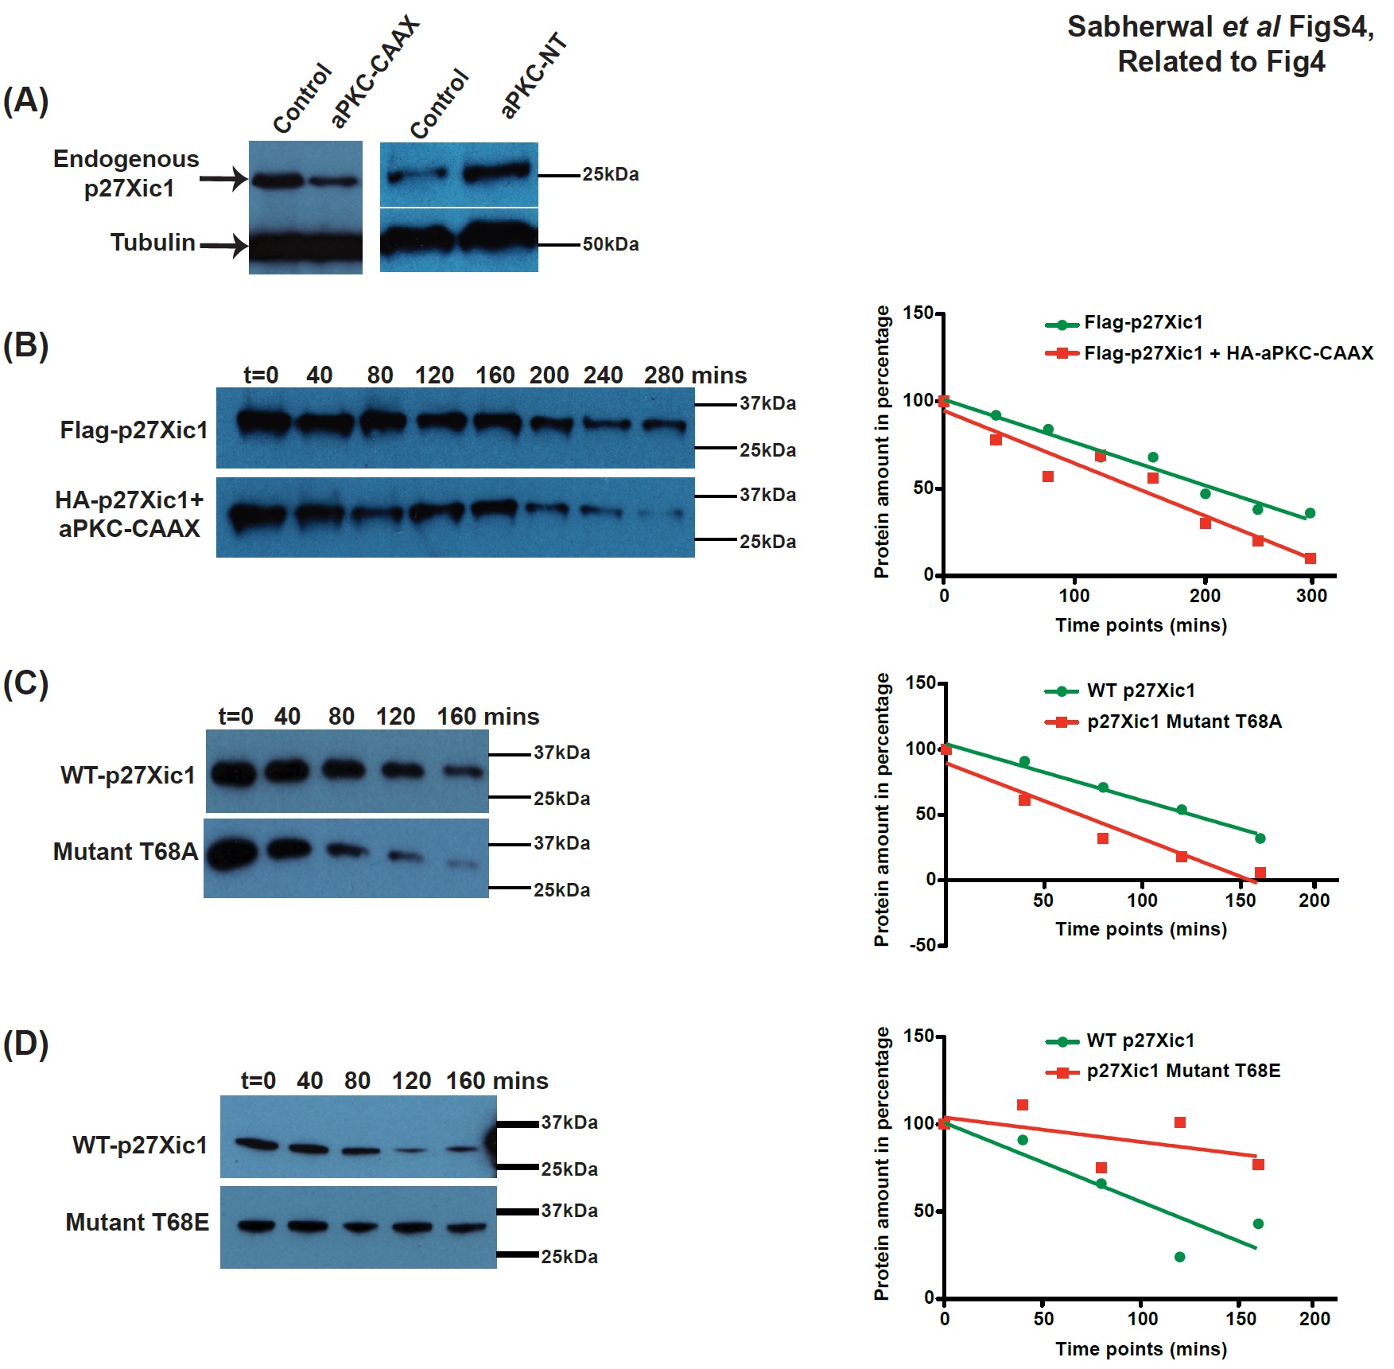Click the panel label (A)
(25, 101)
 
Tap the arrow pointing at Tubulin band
(223, 245)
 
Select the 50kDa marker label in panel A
(610, 244)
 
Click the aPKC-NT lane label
(534, 76)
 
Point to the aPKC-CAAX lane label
(374, 72)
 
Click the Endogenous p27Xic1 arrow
(223, 179)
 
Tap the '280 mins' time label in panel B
(695, 375)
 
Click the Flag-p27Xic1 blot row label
(134, 430)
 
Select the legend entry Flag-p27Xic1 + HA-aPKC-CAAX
(1228, 352)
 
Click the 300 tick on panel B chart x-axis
(1311, 596)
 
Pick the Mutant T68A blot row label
(125, 851)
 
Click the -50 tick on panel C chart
(924, 945)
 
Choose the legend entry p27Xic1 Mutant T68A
(1183, 721)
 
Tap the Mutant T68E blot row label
(137, 1222)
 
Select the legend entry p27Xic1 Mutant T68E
(1182, 1071)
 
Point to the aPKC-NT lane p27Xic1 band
(498, 171)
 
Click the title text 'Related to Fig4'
(1221, 61)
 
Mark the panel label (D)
(25, 1044)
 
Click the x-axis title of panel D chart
(1140, 1348)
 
